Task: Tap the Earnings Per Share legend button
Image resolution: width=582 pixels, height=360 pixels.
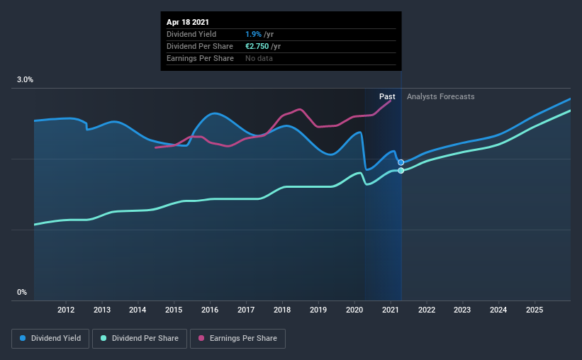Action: pyautogui.click(x=237, y=339)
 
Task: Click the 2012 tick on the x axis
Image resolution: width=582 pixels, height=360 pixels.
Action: pyautogui.click(x=66, y=310)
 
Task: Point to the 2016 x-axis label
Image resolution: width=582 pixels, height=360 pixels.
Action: pyautogui.click(x=210, y=310)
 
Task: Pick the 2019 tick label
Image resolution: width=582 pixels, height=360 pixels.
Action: pyautogui.click(x=318, y=310)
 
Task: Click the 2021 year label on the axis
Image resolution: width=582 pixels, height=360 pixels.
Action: pyautogui.click(x=391, y=310)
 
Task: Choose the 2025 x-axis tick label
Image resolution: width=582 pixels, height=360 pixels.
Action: pyautogui.click(x=535, y=310)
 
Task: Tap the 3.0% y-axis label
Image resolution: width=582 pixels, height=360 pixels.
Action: pyautogui.click(x=26, y=80)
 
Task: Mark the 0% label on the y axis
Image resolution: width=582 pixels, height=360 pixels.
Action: pyautogui.click(x=22, y=292)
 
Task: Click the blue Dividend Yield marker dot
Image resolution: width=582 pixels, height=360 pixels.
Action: pyautogui.click(x=401, y=162)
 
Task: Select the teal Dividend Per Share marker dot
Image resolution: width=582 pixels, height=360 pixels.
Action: pyautogui.click(x=401, y=171)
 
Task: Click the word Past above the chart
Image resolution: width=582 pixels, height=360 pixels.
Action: pyautogui.click(x=387, y=96)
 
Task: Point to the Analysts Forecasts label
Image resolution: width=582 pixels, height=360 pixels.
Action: pyautogui.click(x=441, y=96)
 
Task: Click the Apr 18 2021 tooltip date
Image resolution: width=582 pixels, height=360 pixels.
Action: pyautogui.click(x=189, y=23)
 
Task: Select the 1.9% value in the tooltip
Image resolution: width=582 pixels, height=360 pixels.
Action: pyautogui.click(x=253, y=34)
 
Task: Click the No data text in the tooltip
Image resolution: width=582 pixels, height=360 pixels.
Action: pyautogui.click(x=260, y=58)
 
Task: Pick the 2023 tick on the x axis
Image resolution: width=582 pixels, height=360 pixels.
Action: pyautogui.click(x=462, y=310)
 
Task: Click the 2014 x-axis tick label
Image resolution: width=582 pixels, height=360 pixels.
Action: pyautogui.click(x=138, y=310)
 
